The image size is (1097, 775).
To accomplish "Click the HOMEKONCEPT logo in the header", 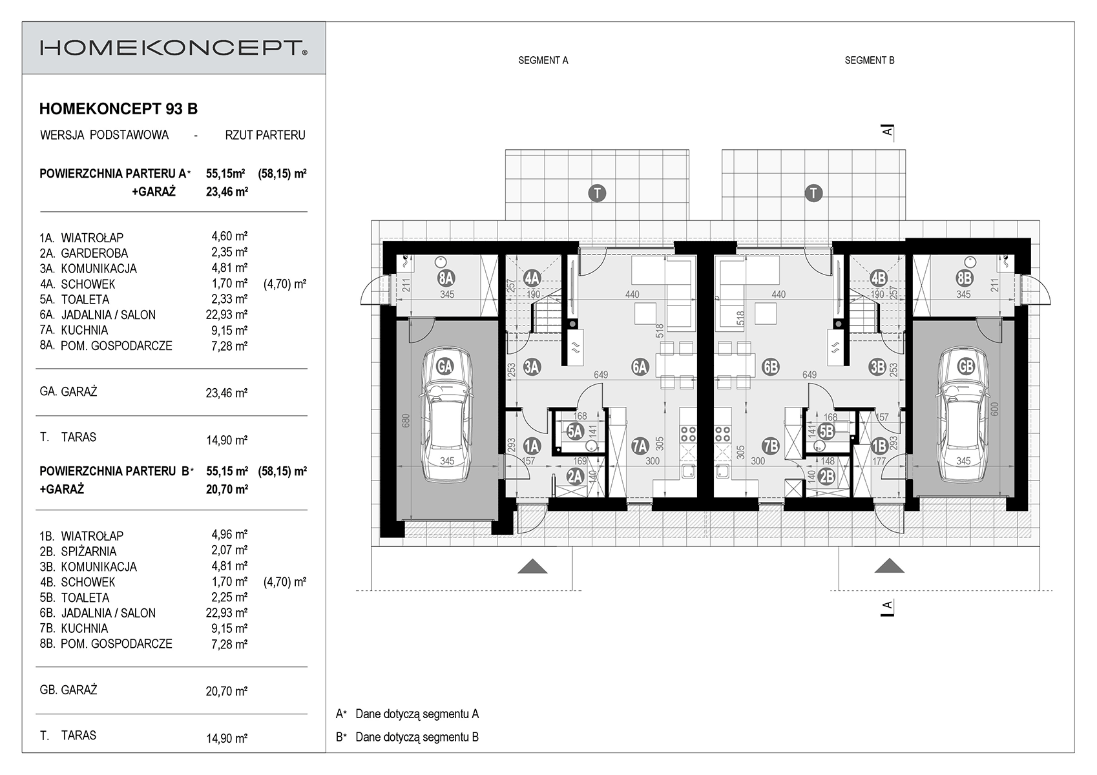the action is pos(174,48).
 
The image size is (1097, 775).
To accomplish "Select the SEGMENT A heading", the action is pos(543,60).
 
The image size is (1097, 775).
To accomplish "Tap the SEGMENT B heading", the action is pos(870,60).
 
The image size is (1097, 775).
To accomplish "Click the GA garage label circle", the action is pos(444,367).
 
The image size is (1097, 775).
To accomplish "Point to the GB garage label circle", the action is pos(966,367).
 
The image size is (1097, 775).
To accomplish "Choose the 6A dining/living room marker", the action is pos(640,367).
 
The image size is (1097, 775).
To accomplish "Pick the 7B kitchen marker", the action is pos(771,446).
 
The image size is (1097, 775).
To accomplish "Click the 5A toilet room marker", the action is pos(575,431).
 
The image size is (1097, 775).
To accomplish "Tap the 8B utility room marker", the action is pos(965,278).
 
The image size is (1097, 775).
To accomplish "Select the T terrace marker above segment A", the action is pos(597,193).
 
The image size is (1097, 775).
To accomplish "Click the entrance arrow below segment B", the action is pos(890,566).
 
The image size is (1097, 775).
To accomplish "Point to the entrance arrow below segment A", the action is pos(532,566).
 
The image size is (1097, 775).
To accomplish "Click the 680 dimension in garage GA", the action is pos(406,422).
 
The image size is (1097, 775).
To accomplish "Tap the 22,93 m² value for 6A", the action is pos(226,315).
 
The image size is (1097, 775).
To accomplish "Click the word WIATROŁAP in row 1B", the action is pos(92,536).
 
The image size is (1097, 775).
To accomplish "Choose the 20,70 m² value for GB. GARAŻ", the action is pos(226,691).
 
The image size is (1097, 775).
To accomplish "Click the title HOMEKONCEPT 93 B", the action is pos(118,108).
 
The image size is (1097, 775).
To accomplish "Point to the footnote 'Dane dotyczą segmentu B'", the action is pos(417,738).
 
